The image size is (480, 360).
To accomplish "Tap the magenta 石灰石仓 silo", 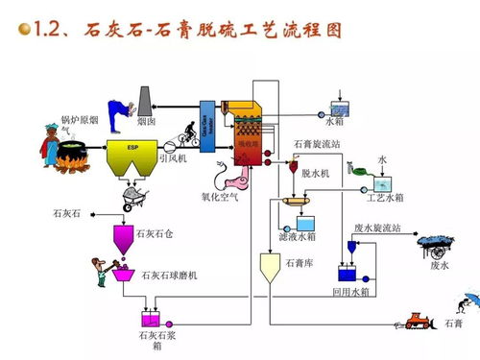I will (123, 235).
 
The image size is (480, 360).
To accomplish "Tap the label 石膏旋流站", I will (318, 143).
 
